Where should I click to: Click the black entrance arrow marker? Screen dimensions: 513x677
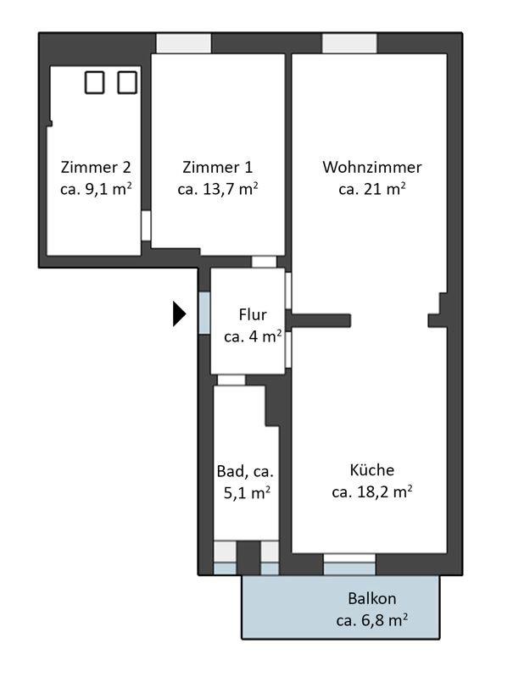pyautogui.click(x=179, y=314)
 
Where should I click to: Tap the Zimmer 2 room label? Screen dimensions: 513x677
pyautogui.click(x=96, y=167)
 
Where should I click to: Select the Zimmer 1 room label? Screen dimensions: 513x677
pyautogui.click(x=217, y=167)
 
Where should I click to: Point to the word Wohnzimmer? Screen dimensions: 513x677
pyautogui.click(x=372, y=167)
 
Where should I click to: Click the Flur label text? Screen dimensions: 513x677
pyautogui.click(x=253, y=314)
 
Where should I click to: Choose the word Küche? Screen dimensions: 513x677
pyautogui.click(x=372, y=469)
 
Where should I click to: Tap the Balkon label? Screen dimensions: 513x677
pyautogui.click(x=372, y=598)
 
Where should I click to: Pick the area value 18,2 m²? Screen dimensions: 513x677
pyautogui.click(x=384, y=491)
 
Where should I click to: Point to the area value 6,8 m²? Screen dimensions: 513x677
pyautogui.click(x=384, y=620)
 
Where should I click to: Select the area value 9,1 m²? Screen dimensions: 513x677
pyautogui.click(x=109, y=189)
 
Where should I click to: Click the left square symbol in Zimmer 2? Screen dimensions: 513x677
pyautogui.click(x=95, y=82)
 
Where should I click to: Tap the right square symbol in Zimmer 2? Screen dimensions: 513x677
pyautogui.click(x=127, y=82)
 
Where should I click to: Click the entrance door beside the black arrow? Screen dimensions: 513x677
pyautogui.click(x=204, y=313)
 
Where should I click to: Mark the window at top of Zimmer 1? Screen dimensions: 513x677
pyautogui.click(x=184, y=43)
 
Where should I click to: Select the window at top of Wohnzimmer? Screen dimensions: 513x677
pyautogui.click(x=349, y=43)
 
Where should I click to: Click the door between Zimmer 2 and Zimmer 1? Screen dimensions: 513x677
pyautogui.click(x=146, y=226)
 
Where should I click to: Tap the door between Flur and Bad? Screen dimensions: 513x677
pyautogui.click(x=231, y=380)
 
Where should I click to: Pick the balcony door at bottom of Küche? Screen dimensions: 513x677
pyautogui.click(x=349, y=564)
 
